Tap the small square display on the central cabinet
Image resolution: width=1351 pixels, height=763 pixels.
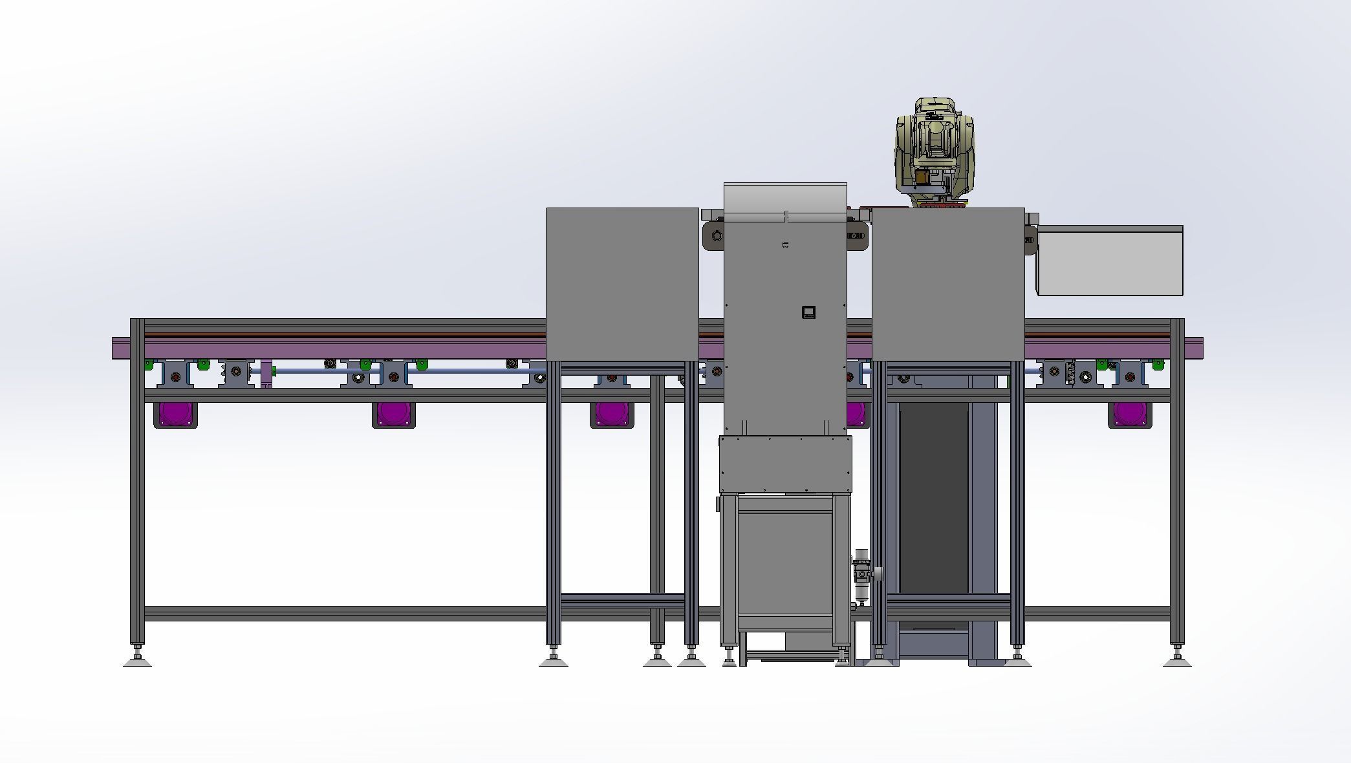[808, 312]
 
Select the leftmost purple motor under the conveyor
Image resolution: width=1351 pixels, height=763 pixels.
[175, 414]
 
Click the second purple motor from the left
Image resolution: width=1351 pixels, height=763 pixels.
[393, 414]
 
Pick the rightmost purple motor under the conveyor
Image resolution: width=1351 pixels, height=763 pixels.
[1130, 414]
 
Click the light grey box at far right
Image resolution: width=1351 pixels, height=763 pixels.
[1110, 261]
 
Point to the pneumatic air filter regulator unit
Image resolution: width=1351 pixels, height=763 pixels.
[862, 575]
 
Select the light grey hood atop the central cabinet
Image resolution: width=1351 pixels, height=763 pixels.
[784, 197]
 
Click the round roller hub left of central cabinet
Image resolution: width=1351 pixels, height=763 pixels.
[717, 236]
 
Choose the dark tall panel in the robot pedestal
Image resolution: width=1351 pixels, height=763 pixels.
[933, 498]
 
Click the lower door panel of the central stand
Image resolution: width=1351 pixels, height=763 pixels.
[784, 563]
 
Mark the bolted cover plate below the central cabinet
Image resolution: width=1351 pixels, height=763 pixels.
[785, 464]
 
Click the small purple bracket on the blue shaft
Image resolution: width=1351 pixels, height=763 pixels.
[266, 374]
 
